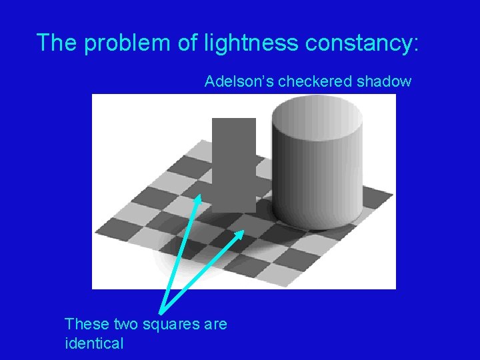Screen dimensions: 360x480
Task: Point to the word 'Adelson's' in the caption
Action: point(239,82)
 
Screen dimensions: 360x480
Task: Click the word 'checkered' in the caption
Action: point(309,82)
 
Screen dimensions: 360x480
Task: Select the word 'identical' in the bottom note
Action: point(94,344)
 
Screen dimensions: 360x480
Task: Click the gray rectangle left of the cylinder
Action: point(233,153)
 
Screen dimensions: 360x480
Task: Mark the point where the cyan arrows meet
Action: point(161,311)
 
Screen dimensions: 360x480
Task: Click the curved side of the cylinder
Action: point(320,180)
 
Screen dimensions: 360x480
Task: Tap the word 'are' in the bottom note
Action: point(213,325)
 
